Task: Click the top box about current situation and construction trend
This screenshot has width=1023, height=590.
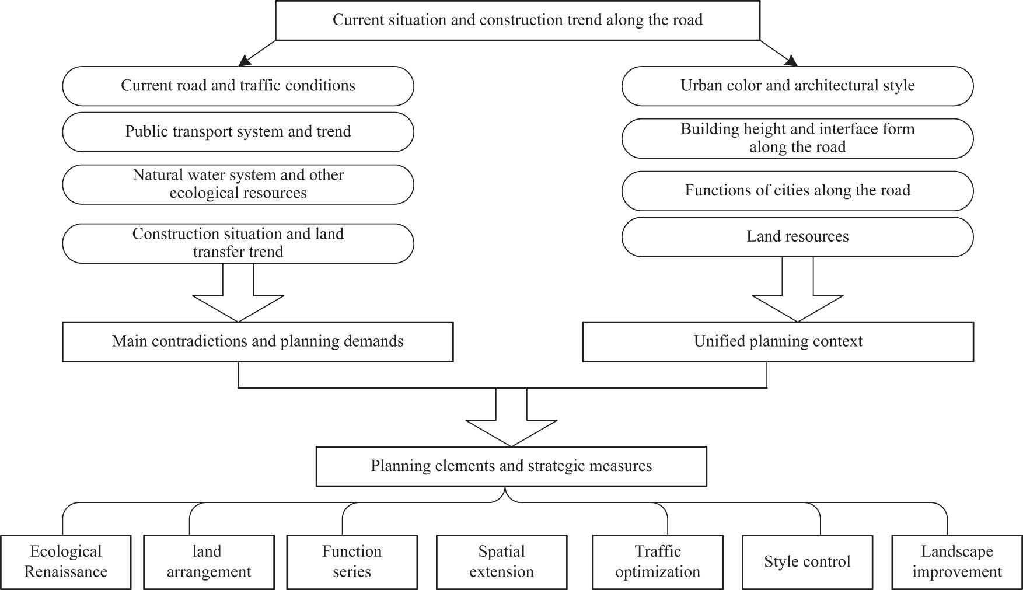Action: pos(517,20)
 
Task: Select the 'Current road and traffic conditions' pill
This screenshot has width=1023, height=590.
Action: pos(238,86)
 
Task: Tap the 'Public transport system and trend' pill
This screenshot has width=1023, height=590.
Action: pos(238,132)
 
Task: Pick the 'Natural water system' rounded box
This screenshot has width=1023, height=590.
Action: pos(238,184)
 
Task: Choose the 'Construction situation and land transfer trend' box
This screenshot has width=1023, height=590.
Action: pos(238,243)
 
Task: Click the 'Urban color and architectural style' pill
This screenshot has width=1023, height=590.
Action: pos(797,86)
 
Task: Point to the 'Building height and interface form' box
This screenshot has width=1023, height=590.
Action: pos(797,138)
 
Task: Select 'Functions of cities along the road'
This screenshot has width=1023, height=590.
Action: pos(797,191)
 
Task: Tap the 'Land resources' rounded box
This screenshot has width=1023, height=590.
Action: pos(797,237)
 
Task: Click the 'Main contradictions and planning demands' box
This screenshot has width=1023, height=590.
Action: pos(257,342)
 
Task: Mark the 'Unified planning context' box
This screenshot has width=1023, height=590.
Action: pos(778,342)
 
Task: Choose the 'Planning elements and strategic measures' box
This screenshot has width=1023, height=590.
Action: pos(511,466)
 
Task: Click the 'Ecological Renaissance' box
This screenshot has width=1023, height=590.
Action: pos(65,562)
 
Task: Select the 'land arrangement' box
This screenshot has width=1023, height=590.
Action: pos(208,562)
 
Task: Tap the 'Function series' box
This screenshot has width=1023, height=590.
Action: pos(352,562)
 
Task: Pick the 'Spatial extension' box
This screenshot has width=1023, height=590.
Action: pos(501,562)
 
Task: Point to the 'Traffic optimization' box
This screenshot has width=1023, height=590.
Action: pos(658,562)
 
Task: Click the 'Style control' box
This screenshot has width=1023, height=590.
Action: pos(807,562)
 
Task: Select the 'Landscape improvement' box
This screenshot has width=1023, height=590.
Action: pos(956,562)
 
